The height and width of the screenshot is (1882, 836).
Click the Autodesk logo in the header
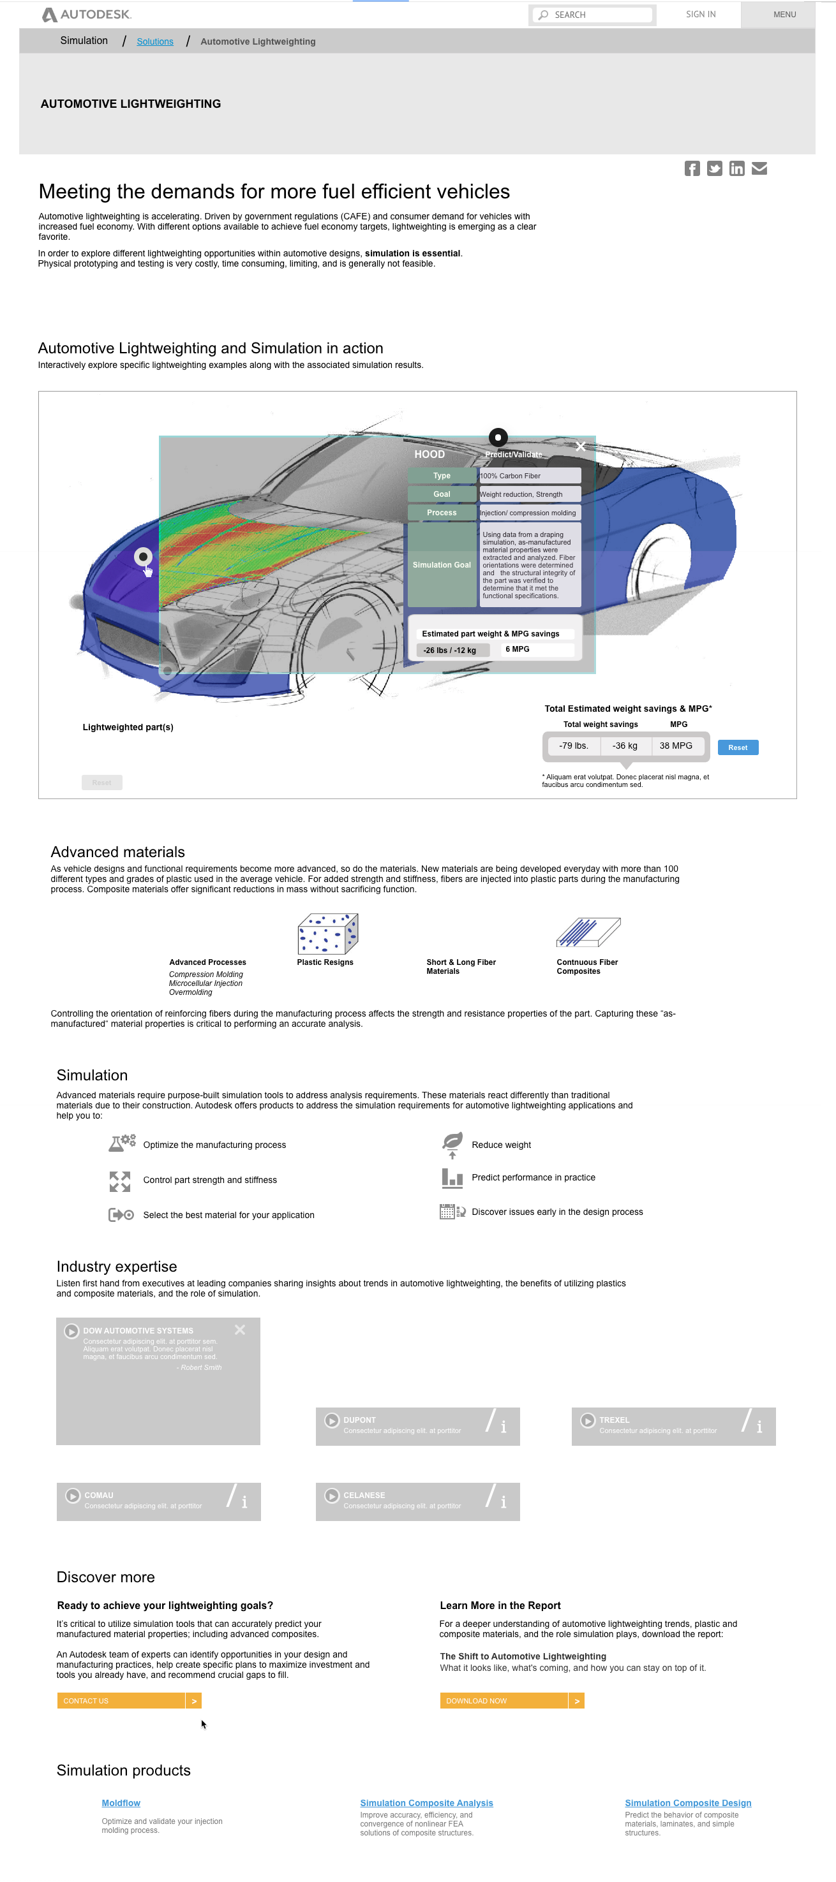pyautogui.click(x=86, y=15)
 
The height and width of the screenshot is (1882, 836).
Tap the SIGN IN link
pyautogui.click(x=700, y=15)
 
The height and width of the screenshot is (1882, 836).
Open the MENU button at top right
pyautogui.click(x=784, y=15)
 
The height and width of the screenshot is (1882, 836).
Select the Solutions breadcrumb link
pyautogui.click(x=155, y=41)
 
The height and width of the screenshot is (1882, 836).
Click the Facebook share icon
pyautogui.click(x=692, y=169)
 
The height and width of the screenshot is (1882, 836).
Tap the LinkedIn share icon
pyautogui.click(x=736, y=169)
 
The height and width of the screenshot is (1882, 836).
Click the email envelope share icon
pyautogui.click(x=759, y=169)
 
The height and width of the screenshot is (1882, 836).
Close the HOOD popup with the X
pyautogui.click(x=580, y=446)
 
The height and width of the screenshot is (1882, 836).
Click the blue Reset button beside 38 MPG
pyautogui.click(x=737, y=747)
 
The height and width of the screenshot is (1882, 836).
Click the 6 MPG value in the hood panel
pyautogui.click(x=518, y=649)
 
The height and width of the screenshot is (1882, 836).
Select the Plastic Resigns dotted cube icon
pyautogui.click(x=327, y=934)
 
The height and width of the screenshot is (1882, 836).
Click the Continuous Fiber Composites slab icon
pyautogui.click(x=588, y=932)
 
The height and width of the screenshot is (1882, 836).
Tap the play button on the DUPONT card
pyautogui.click(x=332, y=1421)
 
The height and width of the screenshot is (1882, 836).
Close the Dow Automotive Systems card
pyautogui.click(x=240, y=1330)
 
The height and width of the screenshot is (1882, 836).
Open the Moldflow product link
pyautogui.click(x=121, y=1803)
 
